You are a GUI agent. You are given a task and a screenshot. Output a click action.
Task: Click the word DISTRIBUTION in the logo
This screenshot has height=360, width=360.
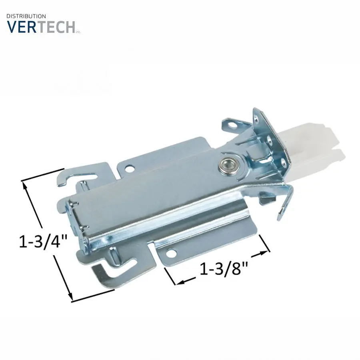(26, 16)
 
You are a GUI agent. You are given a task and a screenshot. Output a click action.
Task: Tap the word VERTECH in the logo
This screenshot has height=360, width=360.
(41, 27)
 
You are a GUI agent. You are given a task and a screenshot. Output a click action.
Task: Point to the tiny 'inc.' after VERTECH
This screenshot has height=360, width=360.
(78, 32)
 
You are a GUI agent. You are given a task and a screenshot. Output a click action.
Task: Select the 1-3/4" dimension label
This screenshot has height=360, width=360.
(43, 242)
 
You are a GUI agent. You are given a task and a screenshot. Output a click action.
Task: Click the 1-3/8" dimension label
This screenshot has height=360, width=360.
(224, 269)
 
